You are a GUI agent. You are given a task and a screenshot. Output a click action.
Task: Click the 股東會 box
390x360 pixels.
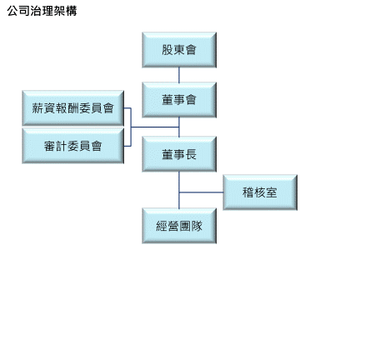(179, 50)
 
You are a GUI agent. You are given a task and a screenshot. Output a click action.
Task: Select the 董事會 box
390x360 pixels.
(179, 99)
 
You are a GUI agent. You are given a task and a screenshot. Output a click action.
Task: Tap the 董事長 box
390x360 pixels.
(179, 154)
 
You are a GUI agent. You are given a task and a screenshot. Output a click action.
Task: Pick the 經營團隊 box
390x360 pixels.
(179, 226)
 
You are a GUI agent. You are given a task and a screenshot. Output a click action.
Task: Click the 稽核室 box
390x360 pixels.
(260, 192)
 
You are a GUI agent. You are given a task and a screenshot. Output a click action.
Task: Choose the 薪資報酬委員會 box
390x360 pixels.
(73, 108)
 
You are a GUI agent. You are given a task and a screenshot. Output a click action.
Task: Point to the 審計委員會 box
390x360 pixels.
(73, 146)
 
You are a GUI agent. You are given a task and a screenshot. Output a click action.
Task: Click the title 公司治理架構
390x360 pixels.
(42, 11)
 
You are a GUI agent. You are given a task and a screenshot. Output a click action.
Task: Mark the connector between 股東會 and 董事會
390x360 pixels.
(179, 75)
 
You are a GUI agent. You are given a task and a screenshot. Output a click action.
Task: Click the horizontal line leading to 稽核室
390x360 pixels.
(201, 192)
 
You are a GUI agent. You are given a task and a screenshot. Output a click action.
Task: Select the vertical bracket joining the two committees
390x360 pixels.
(131, 127)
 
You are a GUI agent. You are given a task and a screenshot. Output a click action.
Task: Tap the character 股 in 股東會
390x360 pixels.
(167, 50)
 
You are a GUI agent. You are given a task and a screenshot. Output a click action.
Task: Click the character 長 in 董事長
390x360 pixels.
(191, 154)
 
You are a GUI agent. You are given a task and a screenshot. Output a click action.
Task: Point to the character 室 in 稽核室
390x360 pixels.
(272, 192)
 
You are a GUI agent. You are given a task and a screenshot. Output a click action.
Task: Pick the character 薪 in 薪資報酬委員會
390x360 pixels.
(37, 108)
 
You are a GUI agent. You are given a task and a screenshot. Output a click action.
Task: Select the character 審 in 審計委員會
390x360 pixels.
(49, 146)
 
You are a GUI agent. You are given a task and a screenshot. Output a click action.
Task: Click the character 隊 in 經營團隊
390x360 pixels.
(197, 226)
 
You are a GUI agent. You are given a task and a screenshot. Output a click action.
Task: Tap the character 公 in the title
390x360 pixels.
(12, 11)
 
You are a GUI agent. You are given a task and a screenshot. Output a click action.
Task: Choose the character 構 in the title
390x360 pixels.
(71, 11)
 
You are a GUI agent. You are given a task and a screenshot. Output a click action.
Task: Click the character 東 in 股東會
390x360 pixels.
(179, 50)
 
